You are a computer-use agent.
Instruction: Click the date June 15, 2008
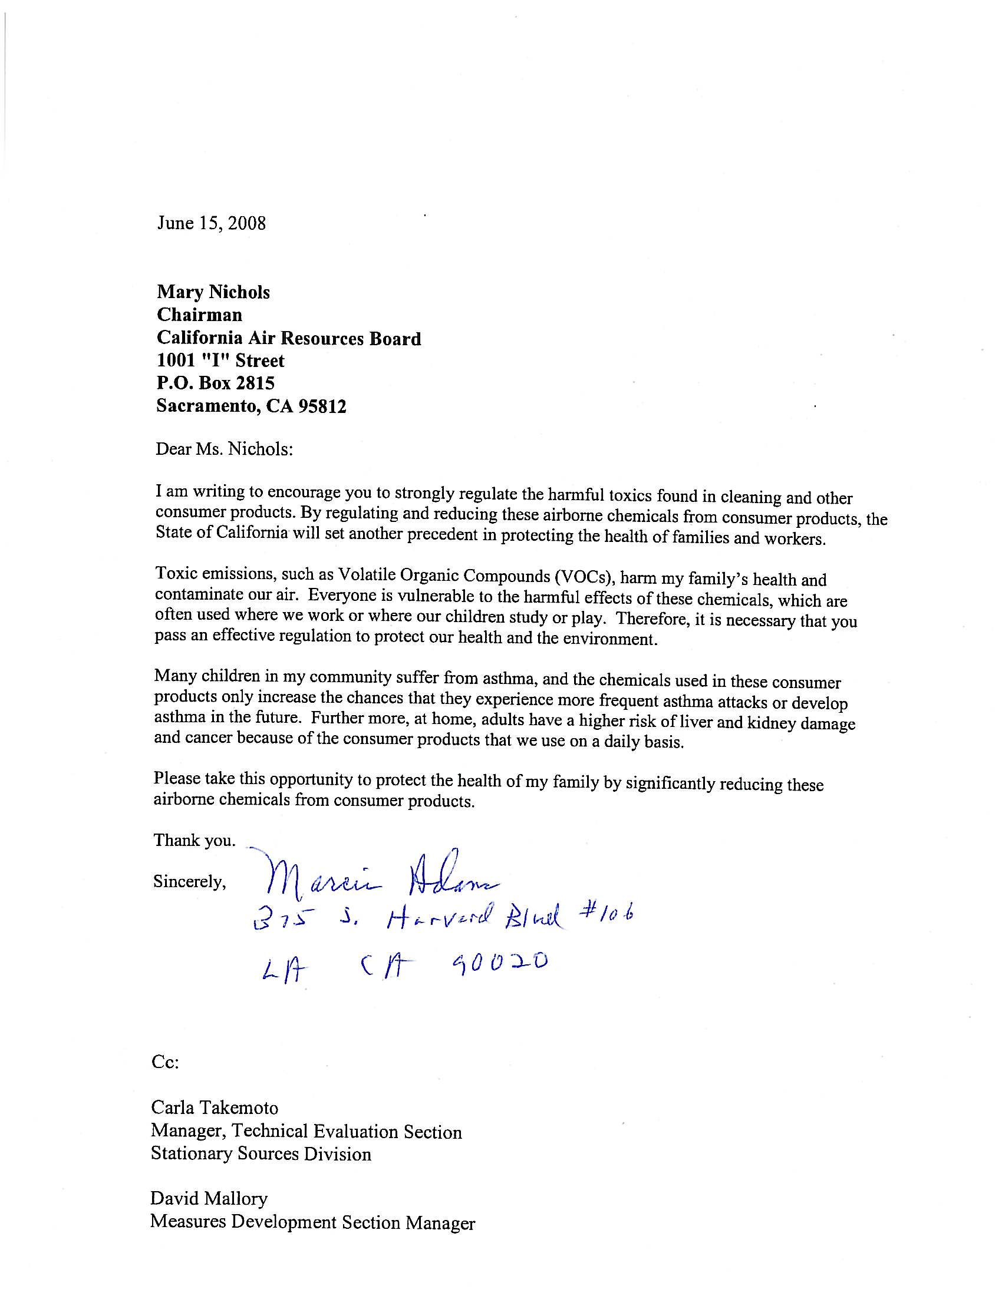click(x=211, y=223)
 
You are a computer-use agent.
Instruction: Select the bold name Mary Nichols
click(x=213, y=292)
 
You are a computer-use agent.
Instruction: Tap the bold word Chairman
click(x=199, y=315)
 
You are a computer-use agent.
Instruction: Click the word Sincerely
click(x=189, y=882)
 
